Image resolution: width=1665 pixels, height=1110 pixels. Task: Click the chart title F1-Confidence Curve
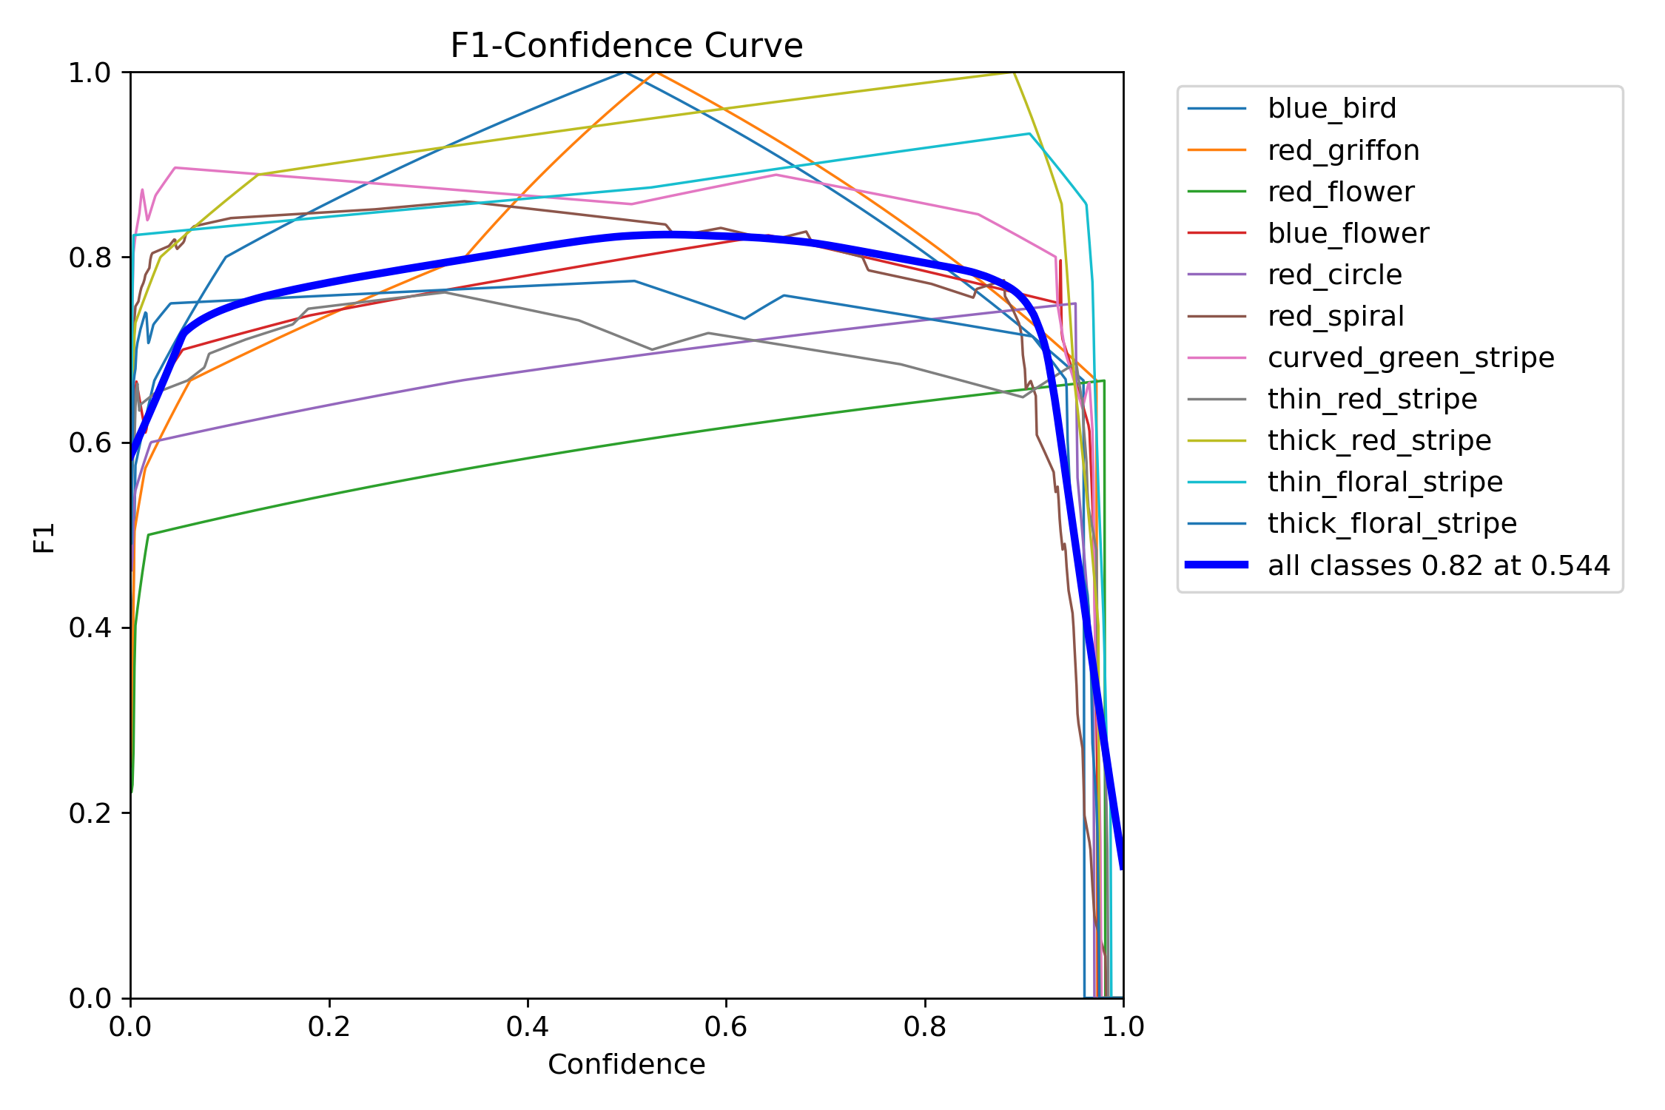(x=626, y=46)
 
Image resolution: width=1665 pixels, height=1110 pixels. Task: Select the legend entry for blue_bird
(x=1331, y=109)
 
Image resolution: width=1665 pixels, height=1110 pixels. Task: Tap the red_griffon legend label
(x=1343, y=150)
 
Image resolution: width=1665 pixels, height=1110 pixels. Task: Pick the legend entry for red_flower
(x=1340, y=192)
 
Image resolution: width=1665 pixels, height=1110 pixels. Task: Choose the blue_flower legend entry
(x=1348, y=233)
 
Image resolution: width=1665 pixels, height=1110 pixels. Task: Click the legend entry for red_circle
(x=1334, y=275)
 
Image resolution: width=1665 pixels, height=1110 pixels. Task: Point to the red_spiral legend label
(x=1335, y=316)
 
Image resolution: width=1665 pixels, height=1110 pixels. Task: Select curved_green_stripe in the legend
(x=1410, y=357)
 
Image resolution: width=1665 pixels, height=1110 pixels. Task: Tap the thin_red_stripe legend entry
(x=1372, y=399)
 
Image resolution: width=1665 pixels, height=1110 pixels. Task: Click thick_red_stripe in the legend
(x=1379, y=440)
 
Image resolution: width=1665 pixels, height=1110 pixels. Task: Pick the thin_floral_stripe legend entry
(x=1385, y=482)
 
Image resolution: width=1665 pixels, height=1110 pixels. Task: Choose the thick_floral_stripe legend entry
(x=1392, y=523)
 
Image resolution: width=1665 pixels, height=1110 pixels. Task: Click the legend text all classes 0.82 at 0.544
(x=1439, y=565)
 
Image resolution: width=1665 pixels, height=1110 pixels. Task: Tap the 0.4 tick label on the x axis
(x=528, y=1026)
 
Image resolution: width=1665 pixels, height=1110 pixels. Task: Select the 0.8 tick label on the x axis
(x=925, y=1026)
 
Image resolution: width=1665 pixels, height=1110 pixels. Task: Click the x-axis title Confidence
(x=626, y=1064)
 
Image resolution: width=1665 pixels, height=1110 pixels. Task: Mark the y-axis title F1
(x=44, y=537)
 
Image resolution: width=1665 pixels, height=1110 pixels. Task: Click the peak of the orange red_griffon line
(x=656, y=73)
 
